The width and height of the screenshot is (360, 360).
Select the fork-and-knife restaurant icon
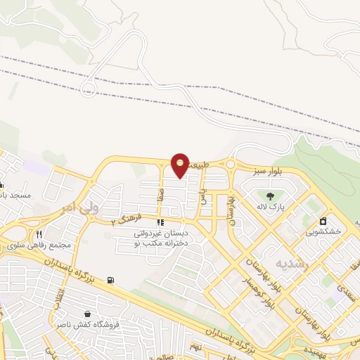(39, 235)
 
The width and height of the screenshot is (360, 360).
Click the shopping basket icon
(86, 314)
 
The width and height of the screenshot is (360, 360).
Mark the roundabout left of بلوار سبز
(230, 165)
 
